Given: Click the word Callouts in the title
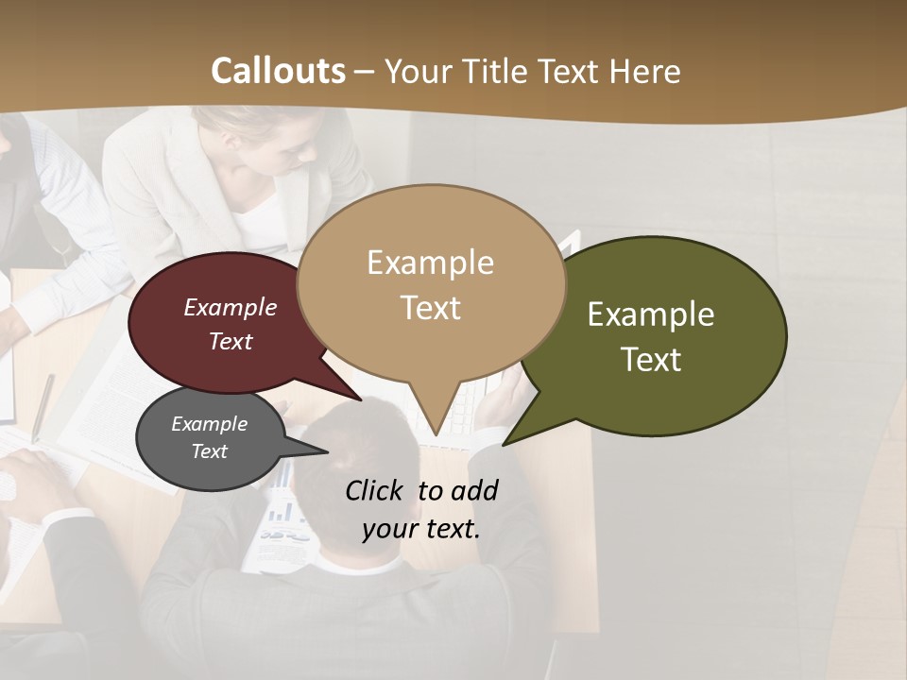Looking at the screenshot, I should point(278,71).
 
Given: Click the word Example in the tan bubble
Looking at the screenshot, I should point(430,263).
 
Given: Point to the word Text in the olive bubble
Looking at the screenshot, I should point(651,360).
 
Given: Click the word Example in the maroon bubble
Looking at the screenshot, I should point(231,307).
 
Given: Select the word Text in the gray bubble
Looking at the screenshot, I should point(210,451).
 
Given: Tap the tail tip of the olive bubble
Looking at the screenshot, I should point(505,444).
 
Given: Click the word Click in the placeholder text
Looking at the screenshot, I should point(375,490).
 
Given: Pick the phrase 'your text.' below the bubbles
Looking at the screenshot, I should point(421,529).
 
